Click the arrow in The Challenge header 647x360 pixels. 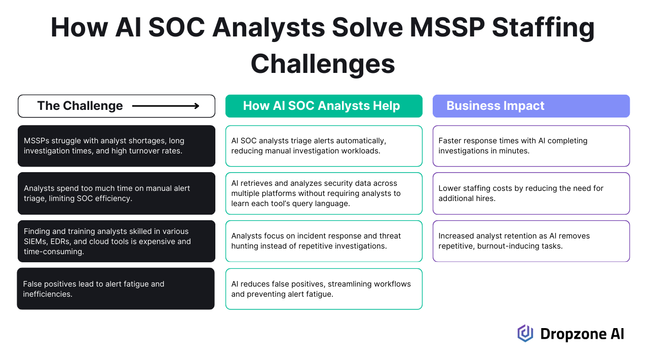(166, 106)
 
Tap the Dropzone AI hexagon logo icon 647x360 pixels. (525, 334)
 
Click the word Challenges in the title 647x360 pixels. (323, 64)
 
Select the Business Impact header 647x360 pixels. (531, 106)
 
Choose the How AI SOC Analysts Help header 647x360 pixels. (324, 106)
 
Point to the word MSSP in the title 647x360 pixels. (447, 27)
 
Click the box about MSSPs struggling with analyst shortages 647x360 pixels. (117, 146)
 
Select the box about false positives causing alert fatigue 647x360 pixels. (116, 289)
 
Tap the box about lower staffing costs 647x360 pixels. (531, 193)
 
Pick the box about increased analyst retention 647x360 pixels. (531, 241)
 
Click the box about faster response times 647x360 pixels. (531, 146)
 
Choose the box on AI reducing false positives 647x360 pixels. (324, 289)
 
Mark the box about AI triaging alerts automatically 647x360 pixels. (324, 146)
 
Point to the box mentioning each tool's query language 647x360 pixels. (324, 193)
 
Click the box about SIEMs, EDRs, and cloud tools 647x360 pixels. (117, 241)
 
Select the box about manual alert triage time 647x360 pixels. (117, 193)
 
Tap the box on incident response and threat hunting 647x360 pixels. (324, 241)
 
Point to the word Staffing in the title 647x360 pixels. (543, 28)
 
